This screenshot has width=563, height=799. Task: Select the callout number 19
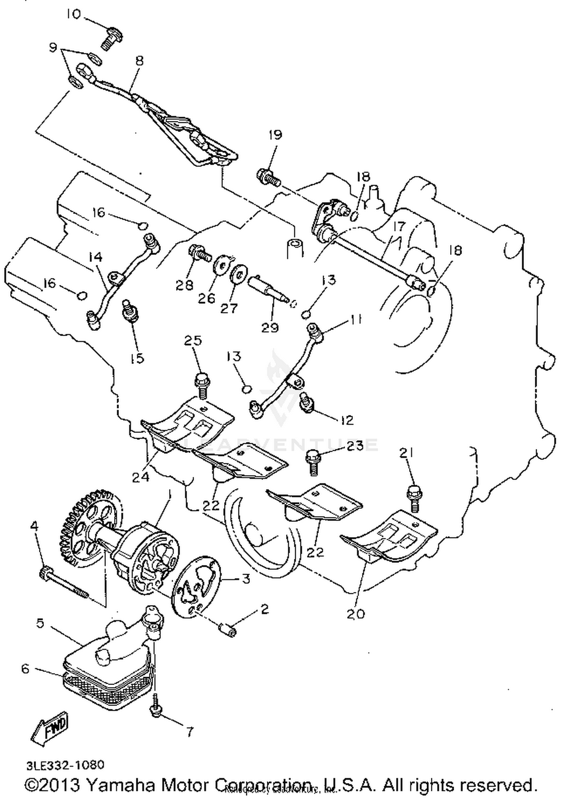coord(275,135)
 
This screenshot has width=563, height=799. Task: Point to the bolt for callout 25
coord(201,384)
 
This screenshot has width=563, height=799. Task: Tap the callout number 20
coord(355,614)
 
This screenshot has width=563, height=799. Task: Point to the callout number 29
coord(270,327)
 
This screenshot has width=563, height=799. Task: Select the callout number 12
coord(348,420)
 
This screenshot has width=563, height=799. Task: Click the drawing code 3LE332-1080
coord(65,761)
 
